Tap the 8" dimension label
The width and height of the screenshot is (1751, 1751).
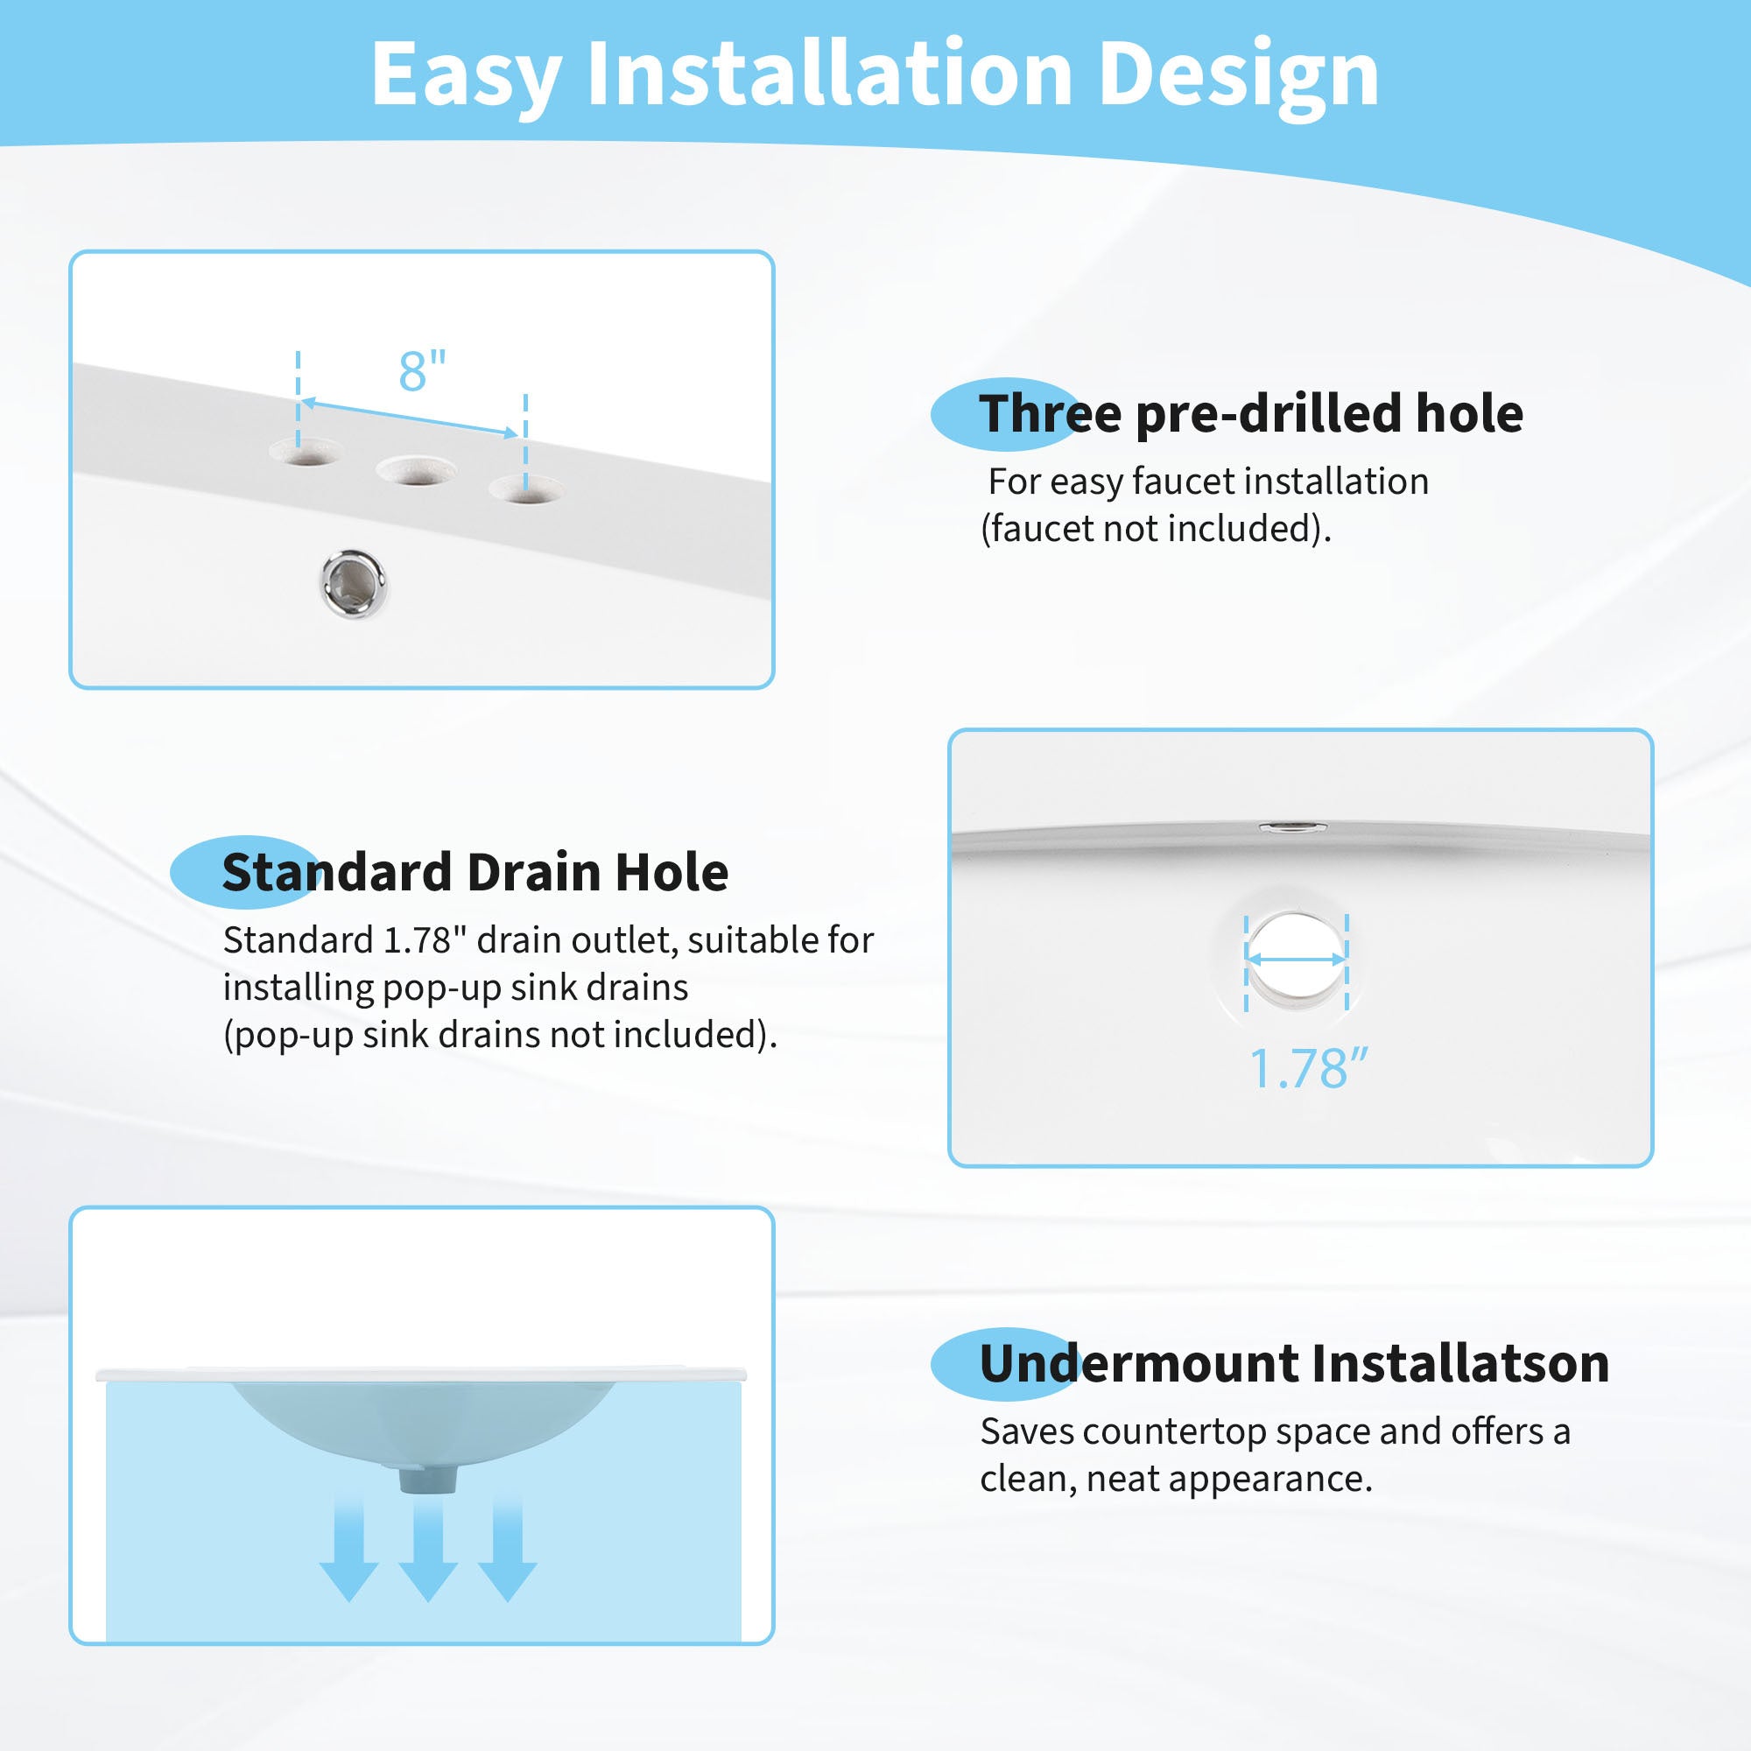tap(422, 370)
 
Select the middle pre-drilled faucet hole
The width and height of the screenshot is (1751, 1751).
tap(416, 469)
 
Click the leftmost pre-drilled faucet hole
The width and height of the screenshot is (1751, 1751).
tap(306, 452)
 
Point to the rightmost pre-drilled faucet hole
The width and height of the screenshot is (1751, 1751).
tap(525, 490)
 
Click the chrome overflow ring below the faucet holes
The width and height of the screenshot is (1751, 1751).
tap(354, 583)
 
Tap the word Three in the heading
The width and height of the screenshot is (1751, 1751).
tap(1051, 413)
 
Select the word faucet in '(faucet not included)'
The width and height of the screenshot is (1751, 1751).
tap(1041, 529)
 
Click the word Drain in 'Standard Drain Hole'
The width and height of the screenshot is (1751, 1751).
tap(534, 872)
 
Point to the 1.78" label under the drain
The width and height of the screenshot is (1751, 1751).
tap(1308, 1068)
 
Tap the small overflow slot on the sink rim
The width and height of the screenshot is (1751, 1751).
tap(1293, 826)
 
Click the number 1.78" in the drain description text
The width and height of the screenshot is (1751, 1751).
tap(418, 939)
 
